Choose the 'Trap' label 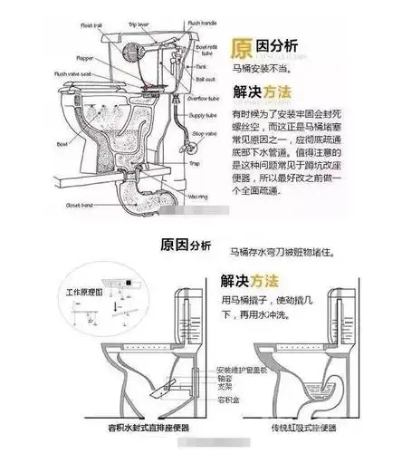point(194,163)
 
